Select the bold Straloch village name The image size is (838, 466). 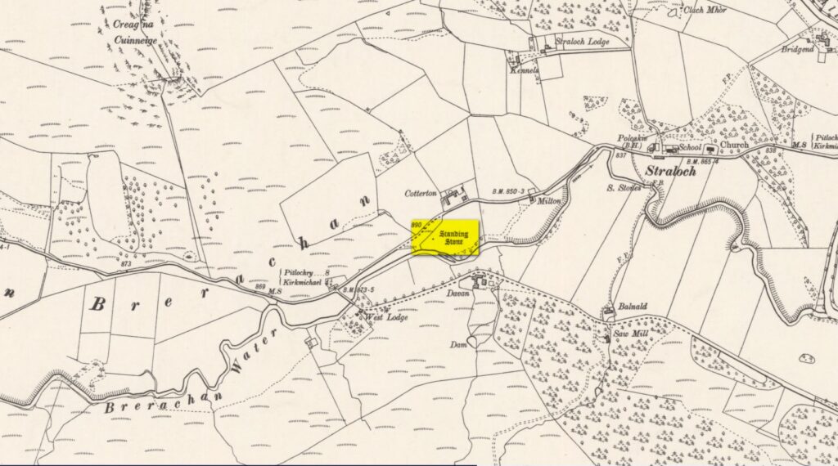(671, 173)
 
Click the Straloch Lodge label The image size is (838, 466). (582, 41)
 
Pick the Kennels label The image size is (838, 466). (525, 71)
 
